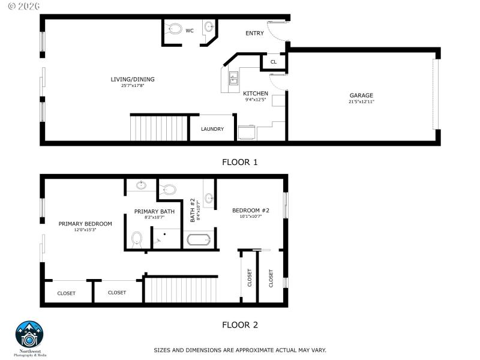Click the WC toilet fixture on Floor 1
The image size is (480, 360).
pos(175,28)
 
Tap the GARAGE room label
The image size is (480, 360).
pos(361,95)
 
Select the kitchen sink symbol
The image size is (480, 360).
pos(233,79)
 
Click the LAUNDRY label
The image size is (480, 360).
pos(212,129)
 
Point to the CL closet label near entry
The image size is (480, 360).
pos(274,62)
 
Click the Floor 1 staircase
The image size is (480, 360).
pos(160,128)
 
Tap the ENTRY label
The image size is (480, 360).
pos(254,33)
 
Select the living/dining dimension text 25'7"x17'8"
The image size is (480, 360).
pos(133,86)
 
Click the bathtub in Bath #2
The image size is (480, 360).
pos(199,241)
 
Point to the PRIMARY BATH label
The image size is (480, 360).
pos(154,211)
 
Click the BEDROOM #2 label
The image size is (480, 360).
pos(251,210)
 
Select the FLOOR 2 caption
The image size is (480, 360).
pos(240,325)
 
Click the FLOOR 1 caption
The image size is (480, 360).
pos(240,162)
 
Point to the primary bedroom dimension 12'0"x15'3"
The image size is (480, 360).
pos(85,230)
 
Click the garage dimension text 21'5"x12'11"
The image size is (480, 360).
pos(361,102)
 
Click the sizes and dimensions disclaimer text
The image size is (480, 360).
pos(240,350)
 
